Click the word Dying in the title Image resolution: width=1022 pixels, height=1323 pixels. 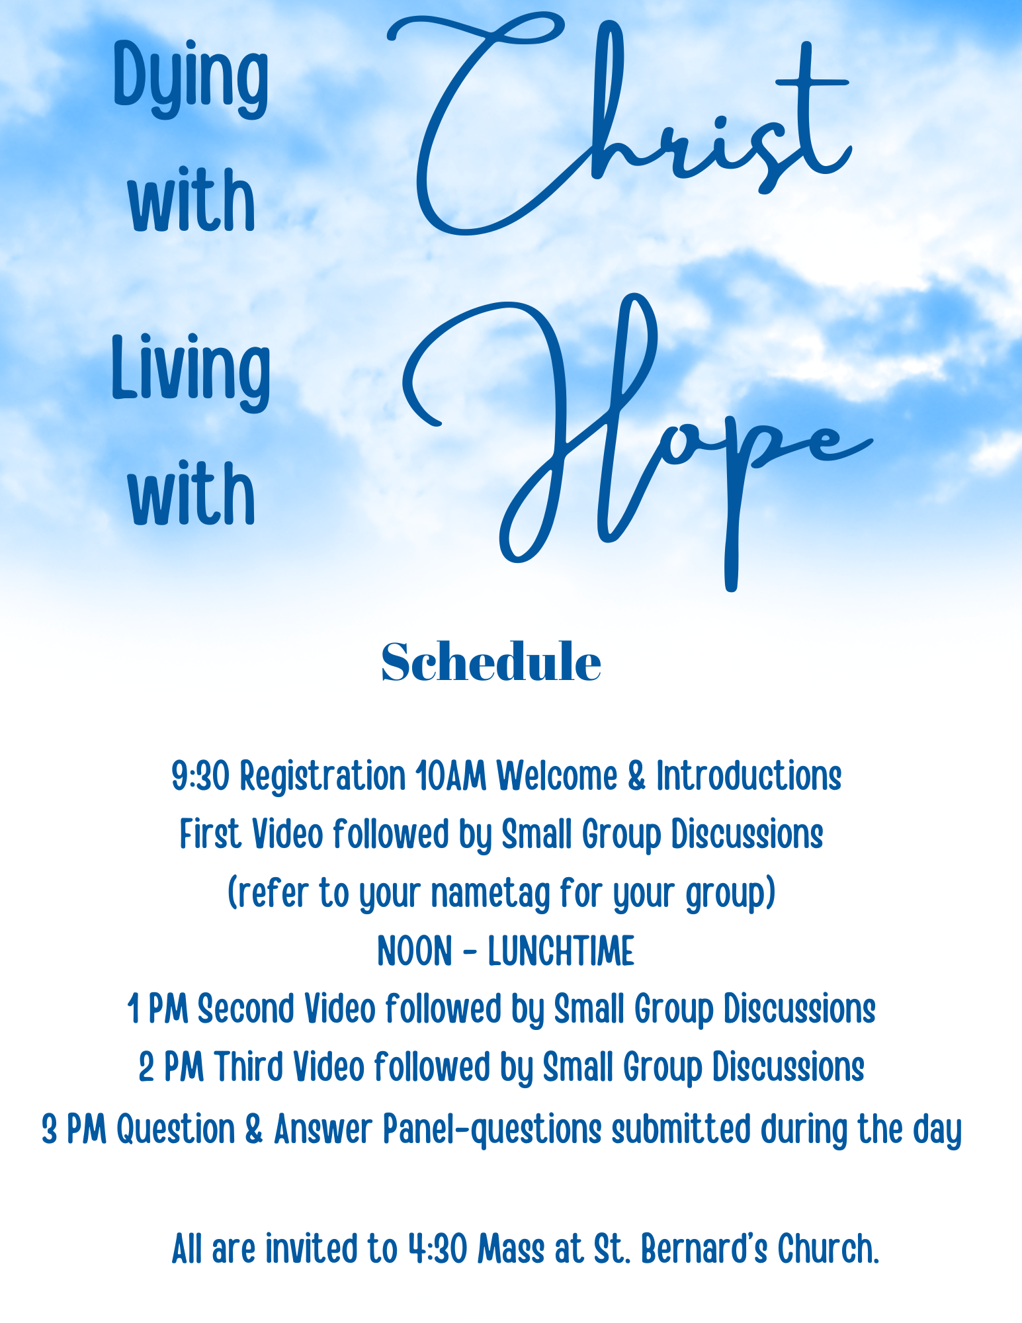pyautogui.click(x=191, y=79)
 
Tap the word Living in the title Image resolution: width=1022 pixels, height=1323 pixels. pyautogui.click(x=191, y=372)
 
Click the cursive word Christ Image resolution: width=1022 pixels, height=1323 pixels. pyautogui.click(x=618, y=122)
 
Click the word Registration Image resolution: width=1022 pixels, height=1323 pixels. pyautogui.click(x=323, y=777)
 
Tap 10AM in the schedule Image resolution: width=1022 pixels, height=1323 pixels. pyautogui.click(x=451, y=775)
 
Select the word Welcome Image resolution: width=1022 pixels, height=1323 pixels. pyautogui.click(x=557, y=775)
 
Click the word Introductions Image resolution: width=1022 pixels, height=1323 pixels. pyautogui.click(x=749, y=775)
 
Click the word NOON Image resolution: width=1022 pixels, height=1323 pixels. pyautogui.click(x=415, y=951)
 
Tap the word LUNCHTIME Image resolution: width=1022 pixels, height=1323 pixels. pyautogui.click(x=561, y=951)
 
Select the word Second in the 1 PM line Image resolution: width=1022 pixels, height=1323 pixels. pyautogui.click(x=245, y=1009)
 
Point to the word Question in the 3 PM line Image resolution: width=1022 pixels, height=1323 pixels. pyautogui.click(x=176, y=1129)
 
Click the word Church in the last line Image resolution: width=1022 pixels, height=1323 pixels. pyautogui.click(x=828, y=1249)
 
